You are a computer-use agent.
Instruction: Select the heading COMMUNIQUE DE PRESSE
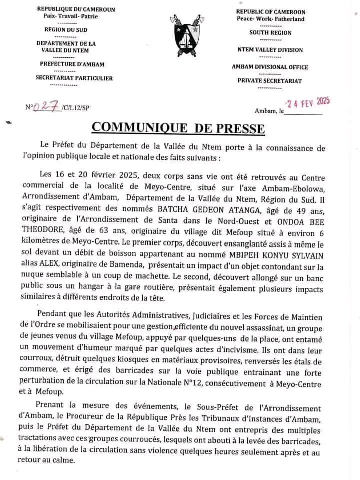click(178, 128)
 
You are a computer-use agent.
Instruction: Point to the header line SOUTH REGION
click(271, 33)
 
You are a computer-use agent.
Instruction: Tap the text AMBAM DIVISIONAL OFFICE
click(270, 67)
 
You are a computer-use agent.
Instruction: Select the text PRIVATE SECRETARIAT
click(270, 80)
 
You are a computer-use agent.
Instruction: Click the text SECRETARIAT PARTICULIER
click(74, 78)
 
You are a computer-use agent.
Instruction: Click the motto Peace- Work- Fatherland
click(271, 18)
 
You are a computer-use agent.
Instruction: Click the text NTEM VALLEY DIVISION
click(270, 49)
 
